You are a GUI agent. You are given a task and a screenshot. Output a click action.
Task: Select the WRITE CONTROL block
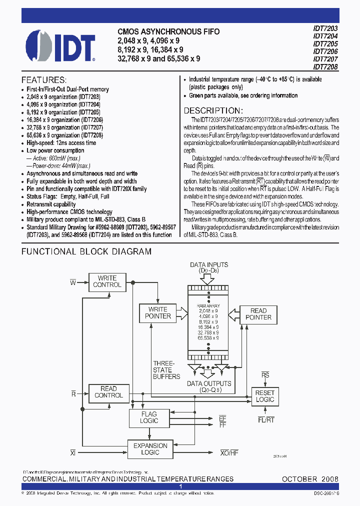(x=107, y=281)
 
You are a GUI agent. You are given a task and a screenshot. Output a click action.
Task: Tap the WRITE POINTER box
(x=158, y=312)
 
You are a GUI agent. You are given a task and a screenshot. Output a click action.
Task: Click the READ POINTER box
(x=258, y=314)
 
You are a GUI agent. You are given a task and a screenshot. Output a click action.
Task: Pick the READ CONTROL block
(x=108, y=392)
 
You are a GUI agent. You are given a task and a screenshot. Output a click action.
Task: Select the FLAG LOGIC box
(x=149, y=417)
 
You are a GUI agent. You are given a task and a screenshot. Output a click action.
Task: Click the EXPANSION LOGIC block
(x=150, y=449)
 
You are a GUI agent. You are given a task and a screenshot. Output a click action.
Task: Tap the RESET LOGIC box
(x=264, y=396)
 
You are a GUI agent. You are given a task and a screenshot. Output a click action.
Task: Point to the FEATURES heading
(x=44, y=80)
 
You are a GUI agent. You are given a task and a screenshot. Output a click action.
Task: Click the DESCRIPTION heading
(x=213, y=110)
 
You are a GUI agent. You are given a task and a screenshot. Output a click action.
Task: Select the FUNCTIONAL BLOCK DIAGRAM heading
(x=86, y=251)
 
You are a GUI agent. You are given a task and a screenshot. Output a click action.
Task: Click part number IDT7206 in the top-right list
(x=325, y=51)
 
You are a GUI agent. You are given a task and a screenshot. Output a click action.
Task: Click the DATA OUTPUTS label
(x=209, y=383)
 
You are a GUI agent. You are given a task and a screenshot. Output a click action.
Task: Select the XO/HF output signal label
(x=229, y=452)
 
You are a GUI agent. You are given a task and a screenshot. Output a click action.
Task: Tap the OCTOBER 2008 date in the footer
(x=310, y=479)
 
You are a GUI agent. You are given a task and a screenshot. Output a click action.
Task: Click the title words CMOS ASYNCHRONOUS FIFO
(x=168, y=31)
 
